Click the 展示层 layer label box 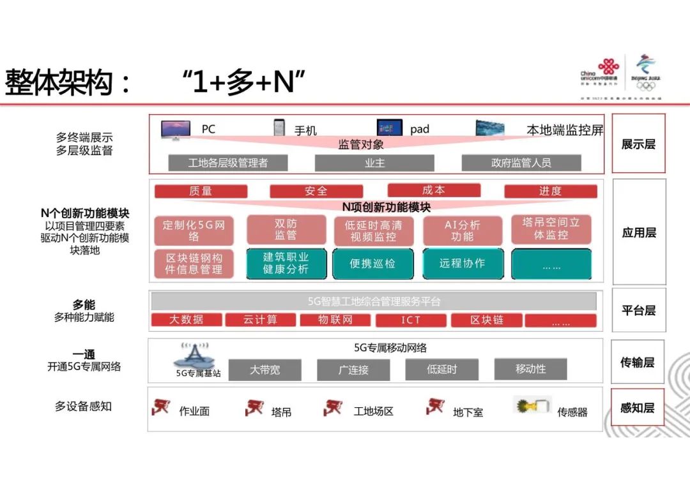point(638,144)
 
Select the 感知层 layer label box point(638,407)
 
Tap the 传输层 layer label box point(638,362)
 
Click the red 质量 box point(201,191)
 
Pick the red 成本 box point(434,190)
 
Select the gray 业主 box point(374,163)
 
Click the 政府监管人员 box point(521,163)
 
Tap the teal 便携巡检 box point(372,264)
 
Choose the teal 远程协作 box point(463,264)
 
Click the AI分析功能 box point(463,231)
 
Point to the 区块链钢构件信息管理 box point(194,264)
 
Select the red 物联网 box point(335,320)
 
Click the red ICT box point(411,320)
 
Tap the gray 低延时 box point(442,369)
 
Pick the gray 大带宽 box point(264,370)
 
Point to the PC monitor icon point(176,130)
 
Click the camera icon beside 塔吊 point(254,407)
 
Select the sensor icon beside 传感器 point(532,406)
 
